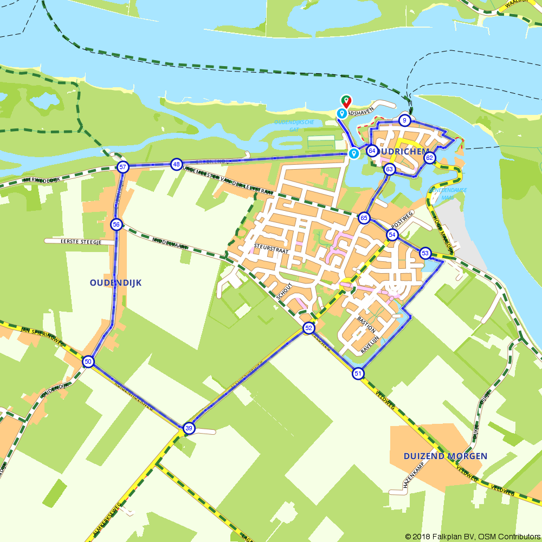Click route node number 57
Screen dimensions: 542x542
[123, 167]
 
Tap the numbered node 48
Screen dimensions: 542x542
[176, 164]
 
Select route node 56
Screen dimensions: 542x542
[116, 224]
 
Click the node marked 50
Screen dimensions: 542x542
[88, 362]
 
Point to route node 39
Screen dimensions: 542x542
[188, 428]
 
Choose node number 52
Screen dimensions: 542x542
[308, 328]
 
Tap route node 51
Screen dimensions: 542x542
[357, 373]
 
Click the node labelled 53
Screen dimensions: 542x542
[425, 253]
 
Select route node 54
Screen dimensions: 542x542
[392, 235]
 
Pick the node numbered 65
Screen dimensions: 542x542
[364, 218]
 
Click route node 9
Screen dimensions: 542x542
[404, 120]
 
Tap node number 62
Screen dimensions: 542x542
[429, 158]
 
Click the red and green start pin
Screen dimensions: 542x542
[346, 101]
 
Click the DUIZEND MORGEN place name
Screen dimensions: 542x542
[445, 456]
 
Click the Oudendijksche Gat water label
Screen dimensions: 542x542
[294, 126]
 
